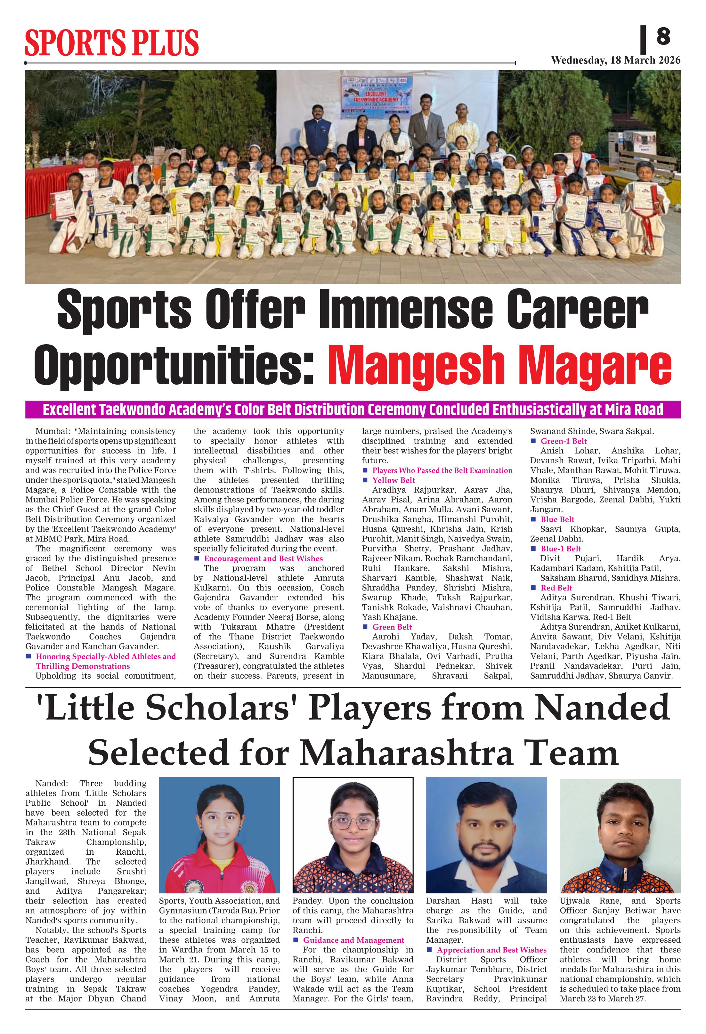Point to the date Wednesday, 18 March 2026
(x=615, y=61)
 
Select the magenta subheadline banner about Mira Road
(x=353, y=409)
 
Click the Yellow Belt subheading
(x=393, y=480)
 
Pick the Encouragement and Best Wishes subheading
(x=264, y=558)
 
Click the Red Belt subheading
(x=556, y=588)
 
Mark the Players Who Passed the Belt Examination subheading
(x=442, y=470)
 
